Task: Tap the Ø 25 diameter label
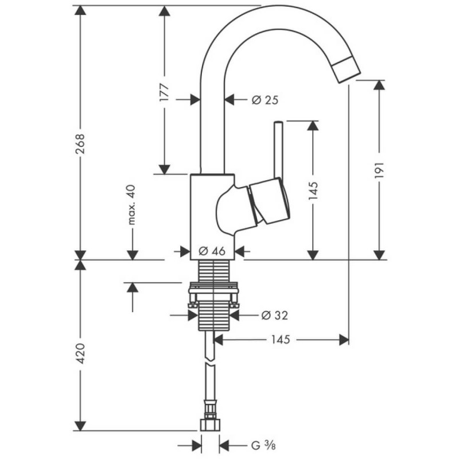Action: [264, 100]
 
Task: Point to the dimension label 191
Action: [379, 170]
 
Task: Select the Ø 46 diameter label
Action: [211, 251]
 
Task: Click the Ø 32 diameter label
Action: [274, 315]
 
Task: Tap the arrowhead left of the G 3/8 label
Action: [224, 445]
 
